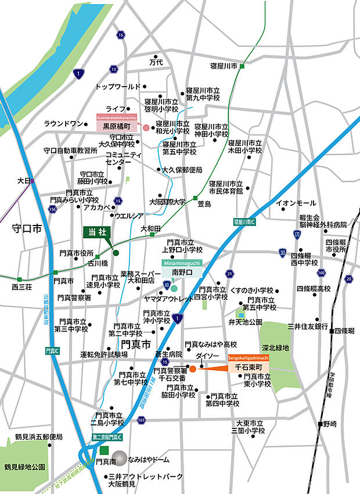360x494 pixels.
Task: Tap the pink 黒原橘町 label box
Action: (116, 126)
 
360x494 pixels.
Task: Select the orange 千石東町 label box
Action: (250, 368)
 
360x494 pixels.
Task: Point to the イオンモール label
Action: (296, 203)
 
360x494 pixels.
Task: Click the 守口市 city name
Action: (27, 230)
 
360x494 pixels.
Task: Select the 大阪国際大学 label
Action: (167, 202)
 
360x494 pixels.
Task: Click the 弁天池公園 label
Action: (246, 321)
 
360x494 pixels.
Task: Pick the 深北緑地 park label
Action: (275, 347)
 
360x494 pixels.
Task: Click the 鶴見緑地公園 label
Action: (24, 467)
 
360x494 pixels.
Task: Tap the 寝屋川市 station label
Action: (224, 66)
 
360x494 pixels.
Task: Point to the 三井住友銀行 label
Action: (308, 326)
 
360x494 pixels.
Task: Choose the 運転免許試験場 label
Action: (104, 354)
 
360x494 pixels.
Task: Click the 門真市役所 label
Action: (76, 253)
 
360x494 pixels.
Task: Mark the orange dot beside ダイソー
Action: (192, 368)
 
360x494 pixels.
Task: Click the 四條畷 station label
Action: (344, 331)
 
